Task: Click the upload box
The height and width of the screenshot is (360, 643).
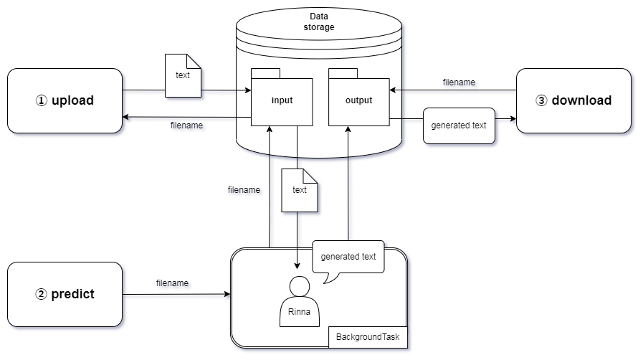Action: click(65, 100)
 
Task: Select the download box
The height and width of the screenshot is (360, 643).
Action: click(573, 100)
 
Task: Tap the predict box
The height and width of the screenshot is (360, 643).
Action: click(65, 294)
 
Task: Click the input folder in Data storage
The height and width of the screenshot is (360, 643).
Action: click(282, 101)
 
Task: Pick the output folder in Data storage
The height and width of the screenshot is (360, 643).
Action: click(358, 101)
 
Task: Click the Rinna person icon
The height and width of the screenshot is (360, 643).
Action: click(298, 301)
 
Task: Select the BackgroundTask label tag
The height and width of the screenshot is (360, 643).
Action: click(368, 336)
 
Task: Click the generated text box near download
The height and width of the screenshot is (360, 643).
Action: click(459, 125)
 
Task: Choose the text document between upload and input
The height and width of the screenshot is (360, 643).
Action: click(183, 75)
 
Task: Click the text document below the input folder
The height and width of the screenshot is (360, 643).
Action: click(300, 190)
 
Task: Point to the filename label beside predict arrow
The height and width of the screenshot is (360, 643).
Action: click(172, 283)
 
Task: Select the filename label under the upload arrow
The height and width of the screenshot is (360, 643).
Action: click(186, 125)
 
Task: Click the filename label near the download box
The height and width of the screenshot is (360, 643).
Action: click(459, 82)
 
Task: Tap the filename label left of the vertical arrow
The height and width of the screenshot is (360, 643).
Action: click(244, 190)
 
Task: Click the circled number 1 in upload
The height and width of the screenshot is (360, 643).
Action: click(41, 101)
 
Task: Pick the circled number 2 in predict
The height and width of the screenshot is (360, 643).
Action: click(41, 294)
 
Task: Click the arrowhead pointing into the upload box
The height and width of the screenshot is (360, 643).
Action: click(126, 117)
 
